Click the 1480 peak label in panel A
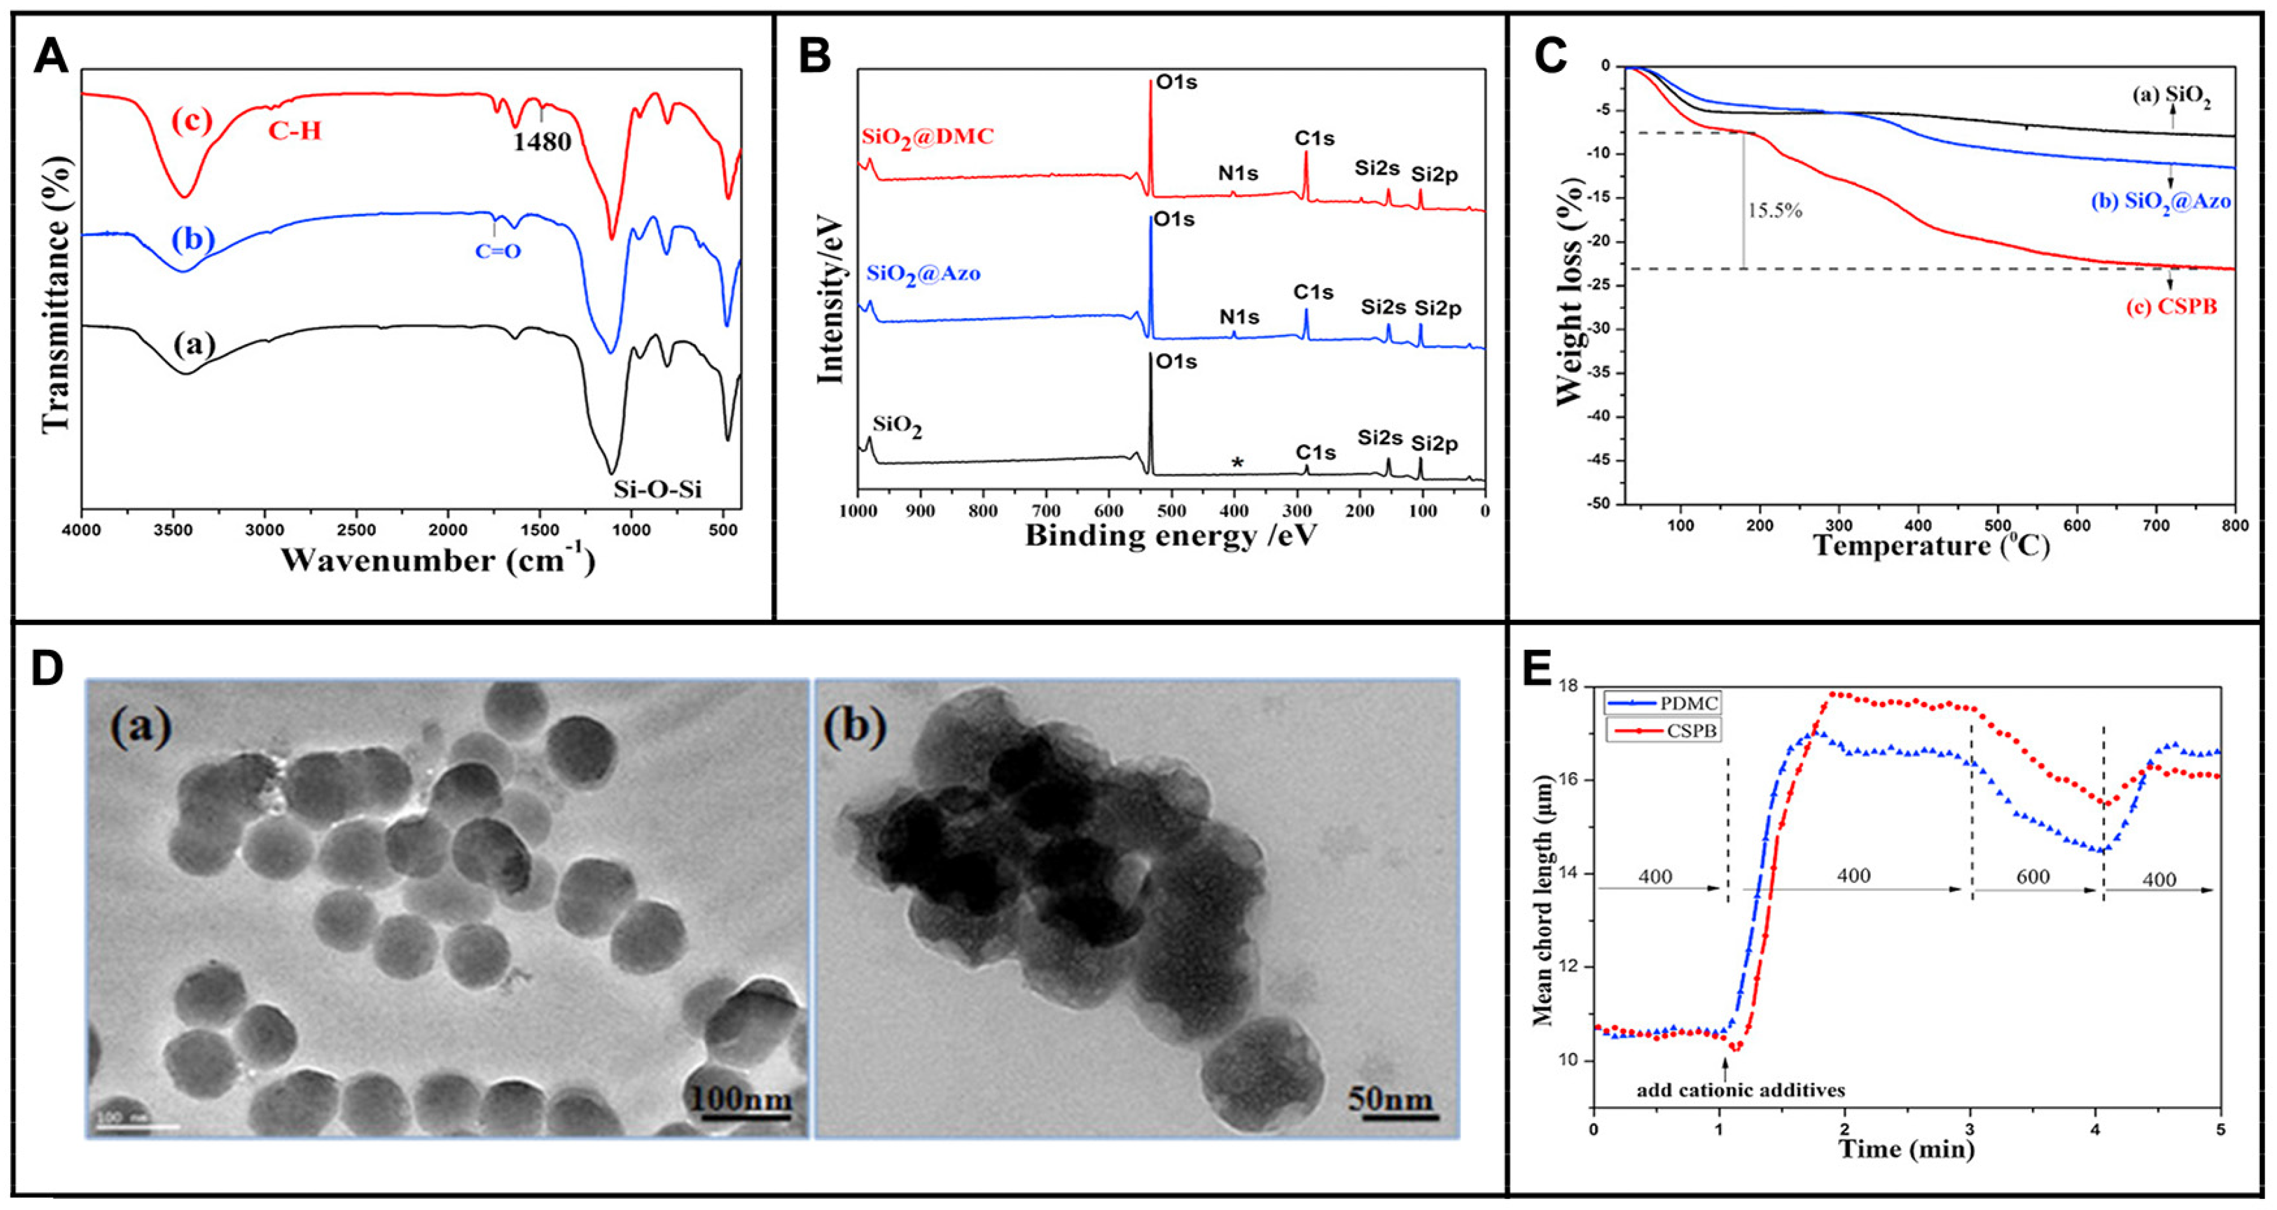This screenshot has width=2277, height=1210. click(x=542, y=142)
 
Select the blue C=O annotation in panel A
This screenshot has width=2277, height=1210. click(x=498, y=251)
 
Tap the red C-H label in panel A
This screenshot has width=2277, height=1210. click(x=295, y=132)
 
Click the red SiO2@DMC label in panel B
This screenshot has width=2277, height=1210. click(x=928, y=136)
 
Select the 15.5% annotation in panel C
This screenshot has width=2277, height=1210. click(x=1774, y=211)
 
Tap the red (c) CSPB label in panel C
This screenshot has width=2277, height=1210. click(x=2172, y=308)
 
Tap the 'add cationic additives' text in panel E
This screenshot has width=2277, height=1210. click(x=1740, y=1090)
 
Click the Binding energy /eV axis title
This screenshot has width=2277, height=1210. click(x=1170, y=536)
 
